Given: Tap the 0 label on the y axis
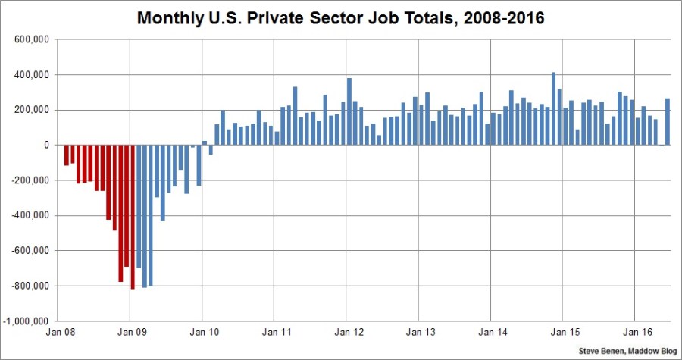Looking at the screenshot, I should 46,146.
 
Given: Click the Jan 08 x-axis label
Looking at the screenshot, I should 59,332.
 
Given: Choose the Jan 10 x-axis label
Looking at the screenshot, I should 202,332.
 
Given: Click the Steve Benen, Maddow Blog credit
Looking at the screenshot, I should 626,352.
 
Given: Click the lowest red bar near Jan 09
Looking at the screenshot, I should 133,217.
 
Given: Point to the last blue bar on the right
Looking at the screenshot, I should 667,122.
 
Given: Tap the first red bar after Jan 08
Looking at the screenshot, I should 66,155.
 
